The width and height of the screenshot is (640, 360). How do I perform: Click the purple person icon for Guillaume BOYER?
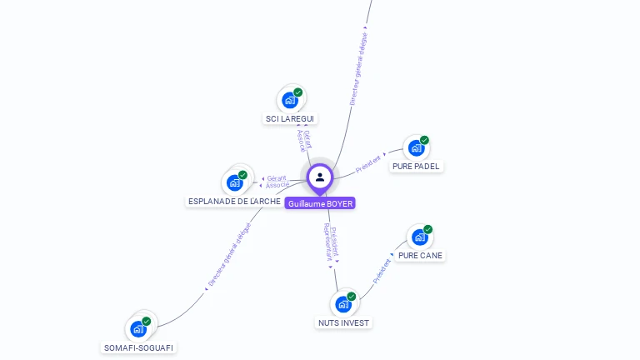tap(320, 177)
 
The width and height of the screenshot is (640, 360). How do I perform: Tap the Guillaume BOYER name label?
tap(320, 203)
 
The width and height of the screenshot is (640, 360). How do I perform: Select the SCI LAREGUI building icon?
tap(290, 100)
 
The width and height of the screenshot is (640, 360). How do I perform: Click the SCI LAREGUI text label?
tap(290, 119)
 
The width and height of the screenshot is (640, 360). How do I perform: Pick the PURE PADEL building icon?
tap(416, 148)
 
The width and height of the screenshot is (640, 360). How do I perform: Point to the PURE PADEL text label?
tap(416, 167)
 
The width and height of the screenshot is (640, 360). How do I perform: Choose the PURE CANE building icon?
tap(419, 237)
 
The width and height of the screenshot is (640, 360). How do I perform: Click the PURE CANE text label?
tap(420, 256)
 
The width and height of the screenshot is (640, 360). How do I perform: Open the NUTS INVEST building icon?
tap(343, 304)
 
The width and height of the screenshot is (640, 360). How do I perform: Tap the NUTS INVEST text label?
tap(344, 323)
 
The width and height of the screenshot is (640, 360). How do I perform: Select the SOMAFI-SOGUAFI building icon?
tap(138, 328)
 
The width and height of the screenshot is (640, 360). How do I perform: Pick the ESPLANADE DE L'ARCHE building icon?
tap(235, 182)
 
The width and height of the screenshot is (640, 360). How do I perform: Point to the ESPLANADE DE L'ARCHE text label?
tap(234, 202)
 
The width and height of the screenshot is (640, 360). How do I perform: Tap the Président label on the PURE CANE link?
tap(382, 269)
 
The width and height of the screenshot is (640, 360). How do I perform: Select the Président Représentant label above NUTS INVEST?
tap(332, 243)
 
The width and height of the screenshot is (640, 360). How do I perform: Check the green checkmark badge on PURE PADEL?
tap(424, 140)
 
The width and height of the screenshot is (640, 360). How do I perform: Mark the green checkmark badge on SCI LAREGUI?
tap(297, 92)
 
